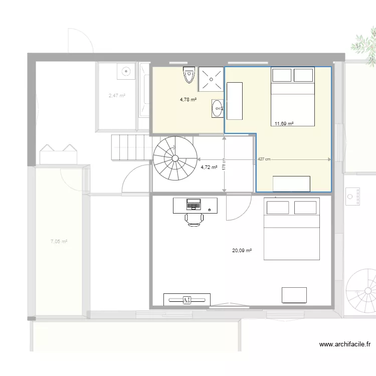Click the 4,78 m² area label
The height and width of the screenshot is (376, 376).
point(188,100)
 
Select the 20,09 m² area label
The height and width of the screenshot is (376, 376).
point(242,251)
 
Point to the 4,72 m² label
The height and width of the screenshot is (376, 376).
point(209,167)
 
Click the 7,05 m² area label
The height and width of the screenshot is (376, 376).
point(59,242)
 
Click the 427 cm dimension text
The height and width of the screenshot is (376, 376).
point(264,159)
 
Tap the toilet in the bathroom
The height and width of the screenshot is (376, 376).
point(189,75)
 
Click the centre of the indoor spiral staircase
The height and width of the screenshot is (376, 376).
point(175,159)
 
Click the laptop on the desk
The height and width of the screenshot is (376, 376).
point(193,204)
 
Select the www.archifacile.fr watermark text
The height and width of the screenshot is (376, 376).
point(346,344)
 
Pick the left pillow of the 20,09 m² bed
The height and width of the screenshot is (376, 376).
point(278,208)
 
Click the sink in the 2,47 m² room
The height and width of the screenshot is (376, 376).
point(125,72)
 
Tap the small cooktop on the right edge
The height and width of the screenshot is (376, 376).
point(353,197)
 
